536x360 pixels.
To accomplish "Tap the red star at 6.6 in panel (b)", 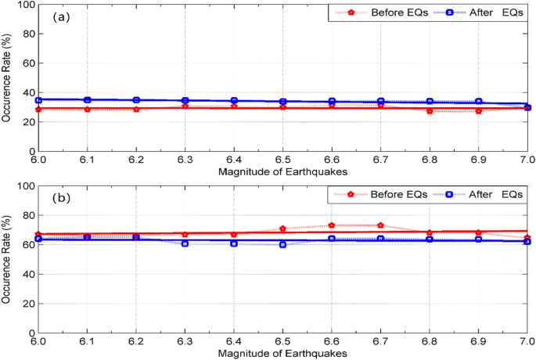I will tap(332, 225).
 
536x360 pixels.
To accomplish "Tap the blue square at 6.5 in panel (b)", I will tap(282, 244).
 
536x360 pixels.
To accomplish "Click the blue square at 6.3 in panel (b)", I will tap(185, 243).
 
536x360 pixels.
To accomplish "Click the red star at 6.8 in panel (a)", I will tap(430, 111).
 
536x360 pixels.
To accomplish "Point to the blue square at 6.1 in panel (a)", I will tap(87, 100).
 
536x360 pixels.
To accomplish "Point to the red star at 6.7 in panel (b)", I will tap(380, 225).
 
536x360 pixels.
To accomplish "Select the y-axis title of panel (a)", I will tap(7, 77).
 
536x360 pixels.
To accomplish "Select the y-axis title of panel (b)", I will tap(7, 259).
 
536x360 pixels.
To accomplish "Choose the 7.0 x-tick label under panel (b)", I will tap(526, 343).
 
